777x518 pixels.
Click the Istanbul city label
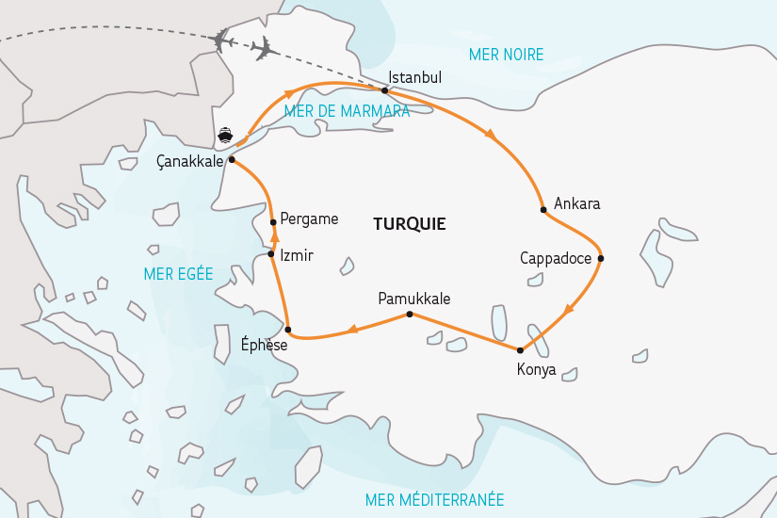coord(414,78)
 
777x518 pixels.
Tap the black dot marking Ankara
coord(543,209)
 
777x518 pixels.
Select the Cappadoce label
coord(555,257)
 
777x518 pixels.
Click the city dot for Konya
coord(520,350)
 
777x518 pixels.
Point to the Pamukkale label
coord(413,299)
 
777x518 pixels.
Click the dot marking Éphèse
coord(288,330)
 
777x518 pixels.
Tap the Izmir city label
coord(296,255)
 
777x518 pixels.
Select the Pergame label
coord(309,219)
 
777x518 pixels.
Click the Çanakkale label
coord(189,161)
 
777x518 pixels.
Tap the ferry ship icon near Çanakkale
coord(225,135)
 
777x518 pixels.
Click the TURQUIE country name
coord(409,225)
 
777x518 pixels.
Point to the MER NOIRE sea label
coord(506,55)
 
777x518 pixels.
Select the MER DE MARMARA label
coord(346,111)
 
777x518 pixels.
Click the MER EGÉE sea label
coord(178,274)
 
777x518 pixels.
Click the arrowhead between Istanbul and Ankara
coord(490,135)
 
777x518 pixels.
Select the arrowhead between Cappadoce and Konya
coord(568,311)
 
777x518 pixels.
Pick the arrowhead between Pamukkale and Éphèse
coord(352,329)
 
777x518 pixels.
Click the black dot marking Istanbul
coord(385,90)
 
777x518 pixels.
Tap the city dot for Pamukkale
coord(409,314)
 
